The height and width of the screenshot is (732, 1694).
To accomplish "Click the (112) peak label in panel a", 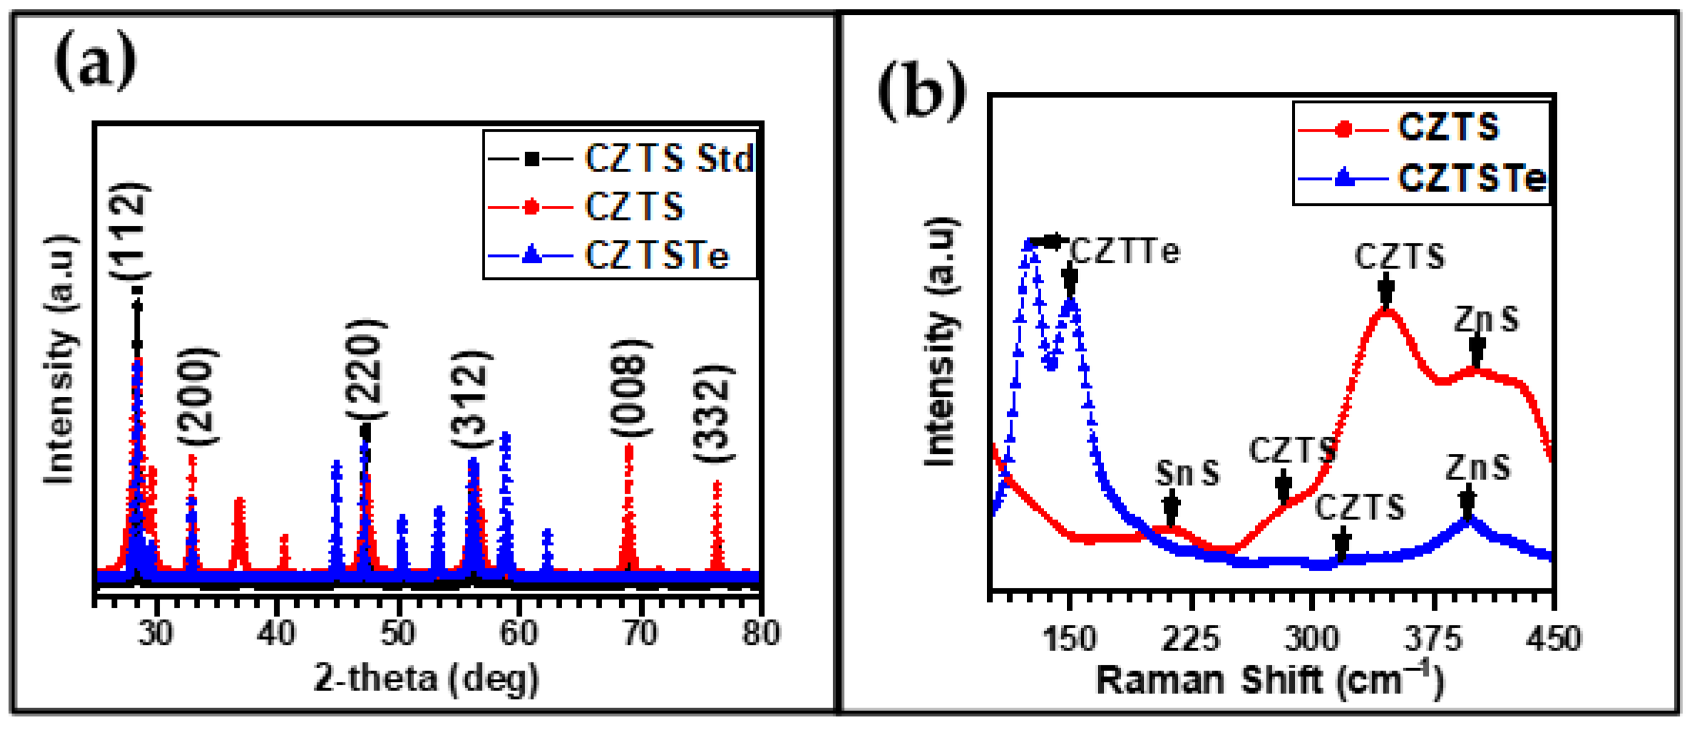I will (129, 231).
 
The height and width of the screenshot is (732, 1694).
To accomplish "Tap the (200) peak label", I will (197, 397).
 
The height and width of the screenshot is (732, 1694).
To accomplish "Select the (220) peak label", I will (365, 369).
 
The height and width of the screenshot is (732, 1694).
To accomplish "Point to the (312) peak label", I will (471, 399).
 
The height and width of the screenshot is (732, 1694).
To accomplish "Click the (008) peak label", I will (631, 388).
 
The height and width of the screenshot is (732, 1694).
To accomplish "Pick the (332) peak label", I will (713, 413).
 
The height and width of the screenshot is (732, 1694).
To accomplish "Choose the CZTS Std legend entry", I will (669, 158).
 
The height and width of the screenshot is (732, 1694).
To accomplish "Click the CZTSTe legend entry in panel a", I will (656, 255).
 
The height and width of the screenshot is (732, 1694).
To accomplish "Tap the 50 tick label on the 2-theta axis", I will (398, 634).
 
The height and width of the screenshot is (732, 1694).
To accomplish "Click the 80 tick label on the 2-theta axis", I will (761, 634).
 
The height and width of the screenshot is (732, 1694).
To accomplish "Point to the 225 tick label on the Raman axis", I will (1191, 639).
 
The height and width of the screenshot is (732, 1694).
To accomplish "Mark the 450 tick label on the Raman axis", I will (1553, 639).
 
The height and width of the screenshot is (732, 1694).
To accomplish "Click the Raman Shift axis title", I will (1269, 681).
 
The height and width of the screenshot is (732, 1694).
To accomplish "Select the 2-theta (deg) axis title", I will (426, 678).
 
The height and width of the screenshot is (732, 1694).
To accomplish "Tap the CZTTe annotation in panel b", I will (1125, 251).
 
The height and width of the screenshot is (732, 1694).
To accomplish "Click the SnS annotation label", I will (1188, 472).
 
